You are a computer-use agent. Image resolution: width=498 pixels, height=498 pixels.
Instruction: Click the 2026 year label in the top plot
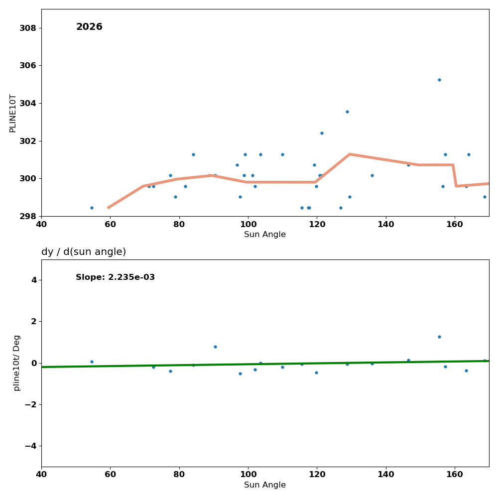pyautogui.click(x=89, y=27)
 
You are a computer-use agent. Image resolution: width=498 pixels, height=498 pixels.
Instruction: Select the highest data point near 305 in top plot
pyautogui.click(x=439, y=80)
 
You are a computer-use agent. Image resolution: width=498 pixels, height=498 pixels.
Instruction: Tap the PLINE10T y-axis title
pyautogui.click(x=13, y=113)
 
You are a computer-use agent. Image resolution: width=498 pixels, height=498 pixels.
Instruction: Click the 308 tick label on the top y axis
pyautogui.click(x=28, y=28)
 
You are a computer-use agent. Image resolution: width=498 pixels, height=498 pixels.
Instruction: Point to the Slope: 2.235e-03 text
pyautogui.click(x=115, y=277)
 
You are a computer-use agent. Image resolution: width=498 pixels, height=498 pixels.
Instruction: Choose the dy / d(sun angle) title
pyautogui.click(x=84, y=252)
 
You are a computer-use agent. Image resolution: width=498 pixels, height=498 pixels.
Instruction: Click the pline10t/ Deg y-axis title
pyautogui.click(x=17, y=363)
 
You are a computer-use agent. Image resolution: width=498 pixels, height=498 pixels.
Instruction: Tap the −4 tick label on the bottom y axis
pyautogui.click(x=30, y=446)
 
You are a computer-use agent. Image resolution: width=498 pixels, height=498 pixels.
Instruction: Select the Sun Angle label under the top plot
pyautogui.click(x=265, y=235)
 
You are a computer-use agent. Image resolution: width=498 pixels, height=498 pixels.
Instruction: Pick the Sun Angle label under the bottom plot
pyautogui.click(x=265, y=485)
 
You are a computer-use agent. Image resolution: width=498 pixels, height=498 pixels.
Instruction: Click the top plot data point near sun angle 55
pyautogui.click(x=92, y=208)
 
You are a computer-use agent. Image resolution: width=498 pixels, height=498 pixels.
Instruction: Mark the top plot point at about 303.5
pyautogui.click(x=347, y=112)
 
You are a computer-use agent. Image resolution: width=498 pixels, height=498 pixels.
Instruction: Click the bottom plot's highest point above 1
pyautogui.click(x=439, y=337)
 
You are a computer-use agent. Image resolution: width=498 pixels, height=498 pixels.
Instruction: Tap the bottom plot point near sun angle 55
pyautogui.click(x=92, y=362)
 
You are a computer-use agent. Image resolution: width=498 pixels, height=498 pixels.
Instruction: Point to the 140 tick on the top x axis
pyautogui.click(x=386, y=224)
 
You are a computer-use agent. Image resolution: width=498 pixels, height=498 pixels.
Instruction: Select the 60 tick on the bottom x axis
pyautogui.click(x=110, y=475)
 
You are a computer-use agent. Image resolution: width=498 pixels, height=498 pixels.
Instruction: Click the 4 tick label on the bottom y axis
pyautogui.click(x=34, y=280)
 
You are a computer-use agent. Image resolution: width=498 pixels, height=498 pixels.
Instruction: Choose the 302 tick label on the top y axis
pyautogui.click(x=28, y=141)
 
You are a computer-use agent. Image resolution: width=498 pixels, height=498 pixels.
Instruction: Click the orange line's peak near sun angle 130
pyautogui.click(x=350, y=154)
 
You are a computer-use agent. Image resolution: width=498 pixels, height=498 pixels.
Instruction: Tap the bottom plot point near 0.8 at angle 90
pyautogui.click(x=215, y=347)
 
